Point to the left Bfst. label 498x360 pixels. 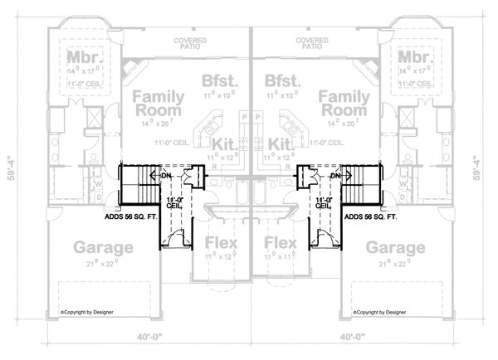click(x=219, y=81)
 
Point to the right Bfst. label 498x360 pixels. click(x=278, y=81)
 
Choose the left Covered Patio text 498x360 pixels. click(x=190, y=43)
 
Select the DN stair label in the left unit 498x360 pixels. click(x=164, y=176)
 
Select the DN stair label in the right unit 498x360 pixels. click(x=335, y=176)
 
